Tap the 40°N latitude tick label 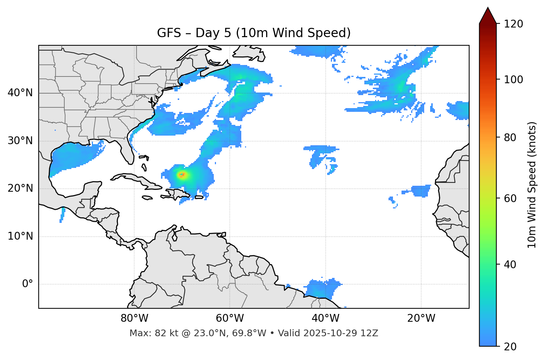pos(20,93)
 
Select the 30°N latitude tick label pos(20,141)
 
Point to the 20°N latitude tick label pos(20,189)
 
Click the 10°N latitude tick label pos(20,236)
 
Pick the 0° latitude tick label pos(28,284)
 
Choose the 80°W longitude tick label pos(134,318)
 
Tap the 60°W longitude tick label pos(230,318)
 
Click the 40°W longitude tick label pos(325,318)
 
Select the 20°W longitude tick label pos(421,318)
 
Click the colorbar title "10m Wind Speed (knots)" pos(532,185)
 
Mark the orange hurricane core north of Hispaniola pos(182,174)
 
